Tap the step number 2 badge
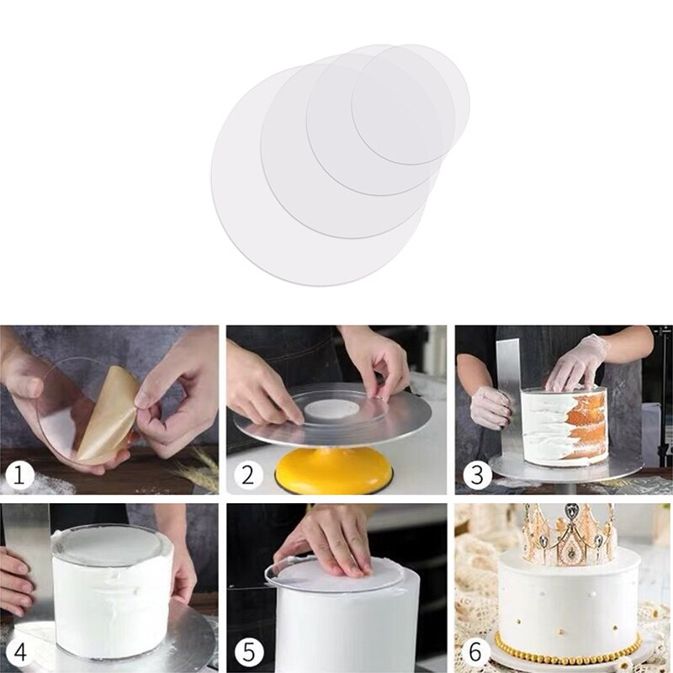247,476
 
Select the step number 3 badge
477,476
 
